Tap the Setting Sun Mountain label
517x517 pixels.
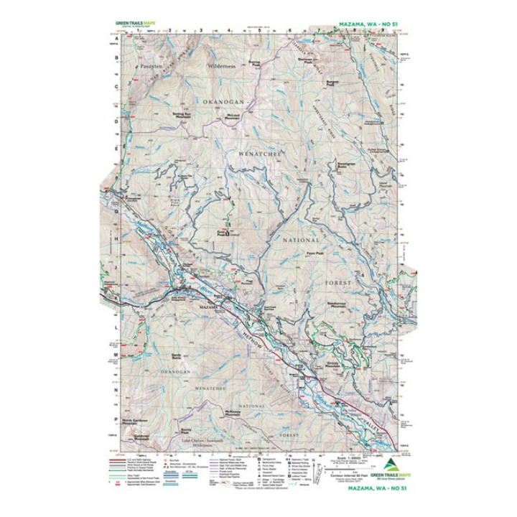[185, 113]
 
